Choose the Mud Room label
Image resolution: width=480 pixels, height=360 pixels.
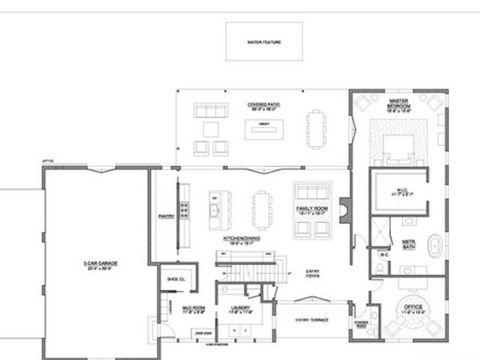[x=193, y=310]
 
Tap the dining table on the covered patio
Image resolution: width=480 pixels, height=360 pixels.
[x=317, y=126]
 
